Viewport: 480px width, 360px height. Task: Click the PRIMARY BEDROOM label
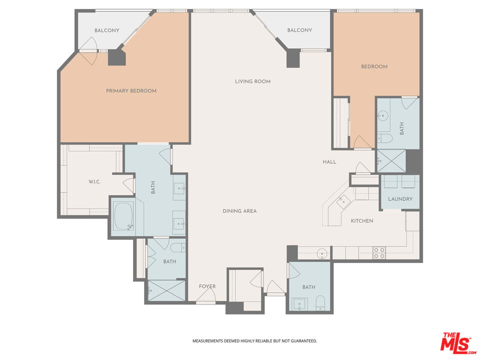tap(131, 91)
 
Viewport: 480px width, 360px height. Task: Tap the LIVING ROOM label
tap(252, 81)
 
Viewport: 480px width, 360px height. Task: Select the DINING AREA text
tap(239, 211)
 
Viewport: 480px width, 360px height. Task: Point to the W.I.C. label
tap(94, 181)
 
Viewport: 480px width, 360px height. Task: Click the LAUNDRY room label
tap(400, 199)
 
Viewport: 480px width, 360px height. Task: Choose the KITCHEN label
tap(361, 220)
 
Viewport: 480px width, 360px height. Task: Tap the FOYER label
tap(207, 286)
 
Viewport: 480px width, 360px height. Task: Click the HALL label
tap(329, 162)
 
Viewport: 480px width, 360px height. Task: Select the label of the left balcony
tap(107, 30)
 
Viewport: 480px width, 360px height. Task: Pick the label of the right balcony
tap(299, 30)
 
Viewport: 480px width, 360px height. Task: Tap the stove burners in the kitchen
tap(379, 253)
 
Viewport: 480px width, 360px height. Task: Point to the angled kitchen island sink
tap(342, 201)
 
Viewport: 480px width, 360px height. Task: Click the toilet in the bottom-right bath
tap(320, 302)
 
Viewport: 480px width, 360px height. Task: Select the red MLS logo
tap(456, 342)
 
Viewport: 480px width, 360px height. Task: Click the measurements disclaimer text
tap(254, 341)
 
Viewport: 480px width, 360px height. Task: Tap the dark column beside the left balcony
tap(118, 57)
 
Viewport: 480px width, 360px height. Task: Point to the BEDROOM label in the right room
tap(374, 66)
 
